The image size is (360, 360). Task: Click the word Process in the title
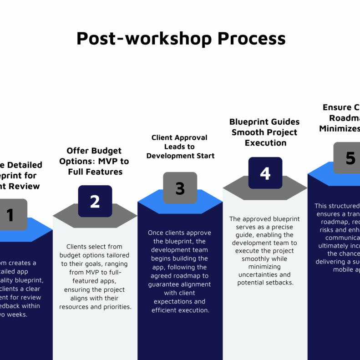click(251, 39)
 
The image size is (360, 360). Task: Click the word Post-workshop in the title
click(144, 39)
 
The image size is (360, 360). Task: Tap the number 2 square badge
click(95, 201)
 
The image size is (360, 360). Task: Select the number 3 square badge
click(180, 188)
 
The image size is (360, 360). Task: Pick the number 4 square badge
click(265, 173)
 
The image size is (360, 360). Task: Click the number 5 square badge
click(349, 158)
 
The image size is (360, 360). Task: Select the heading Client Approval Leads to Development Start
click(180, 147)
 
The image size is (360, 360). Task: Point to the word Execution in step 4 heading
click(265, 143)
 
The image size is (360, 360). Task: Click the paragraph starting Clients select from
click(95, 277)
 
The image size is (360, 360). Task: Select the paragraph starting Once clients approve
click(180, 272)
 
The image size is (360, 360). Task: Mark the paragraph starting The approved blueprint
click(264, 251)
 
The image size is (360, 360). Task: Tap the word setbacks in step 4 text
click(278, 283)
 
